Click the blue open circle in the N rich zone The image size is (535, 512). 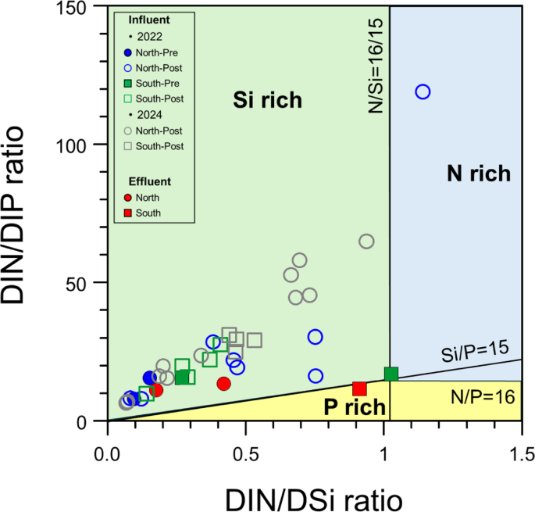(423, 91)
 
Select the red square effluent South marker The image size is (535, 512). (359, 388)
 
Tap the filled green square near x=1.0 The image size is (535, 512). (391, 374)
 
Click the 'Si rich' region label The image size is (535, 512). (268, 100)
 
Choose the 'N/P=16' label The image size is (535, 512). (483, 397)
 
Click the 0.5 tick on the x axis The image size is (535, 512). (245, 453)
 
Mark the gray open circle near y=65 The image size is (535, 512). (366, 242)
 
